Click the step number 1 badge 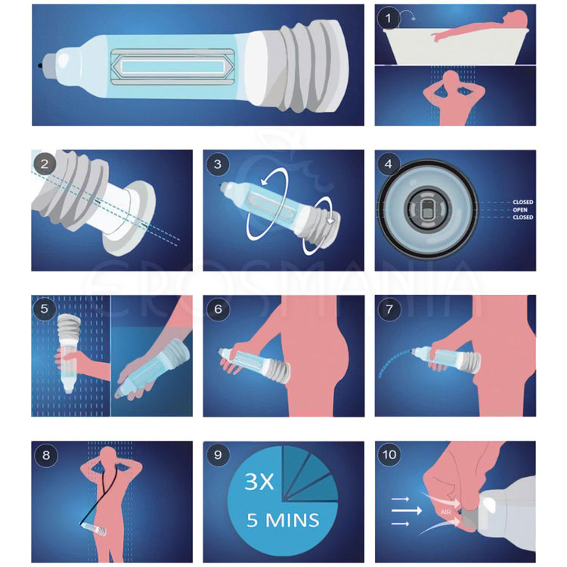click(x=389, y=18)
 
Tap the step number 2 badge click(x=45, y=164)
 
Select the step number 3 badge click(x=217, y=164)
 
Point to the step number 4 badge click(x=389, y=164)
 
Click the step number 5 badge click(x=44, y=308)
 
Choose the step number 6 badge click(x=218, y=308)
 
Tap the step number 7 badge click(x=389, y=308)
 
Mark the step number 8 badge click(x=46, y=455)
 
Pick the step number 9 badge click(x=218, y=454)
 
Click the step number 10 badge click(x=389, y=454)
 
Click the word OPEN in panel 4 click(x=520, y=209)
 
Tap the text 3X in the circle click(x=259, y=482)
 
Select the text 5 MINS click(x=283, y=520)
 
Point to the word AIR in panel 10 click(x=445, y=512)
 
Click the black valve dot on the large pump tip click(x=39, y=66)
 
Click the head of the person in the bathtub click(x=518, y=17)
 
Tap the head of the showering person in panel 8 click(x=108, y=455)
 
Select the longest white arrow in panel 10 click(x=407, y=510)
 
